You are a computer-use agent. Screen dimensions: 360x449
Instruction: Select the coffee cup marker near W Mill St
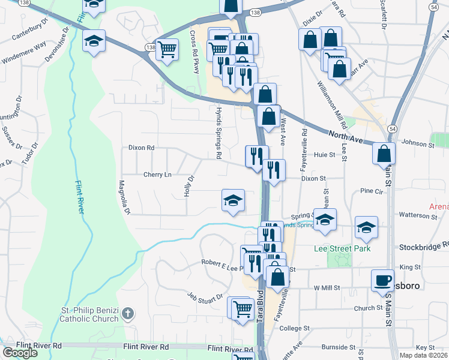tap(382, 280)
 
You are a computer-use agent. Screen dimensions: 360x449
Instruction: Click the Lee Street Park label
tap(342, 248)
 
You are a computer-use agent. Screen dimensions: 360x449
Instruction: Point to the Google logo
tap(20, 352)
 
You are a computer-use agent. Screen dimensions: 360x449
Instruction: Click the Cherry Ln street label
tap(157, 175)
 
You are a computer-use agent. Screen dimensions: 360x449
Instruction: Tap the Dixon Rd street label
tap(141, 147)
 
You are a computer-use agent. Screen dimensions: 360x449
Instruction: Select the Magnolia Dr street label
tap(124, 198)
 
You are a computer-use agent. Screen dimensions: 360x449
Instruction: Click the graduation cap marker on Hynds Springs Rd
tap(232, 200)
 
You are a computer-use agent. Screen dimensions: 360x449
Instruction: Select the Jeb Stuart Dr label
tap(205, 297)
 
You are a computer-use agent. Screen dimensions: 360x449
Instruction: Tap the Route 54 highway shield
tap(391, 129)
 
